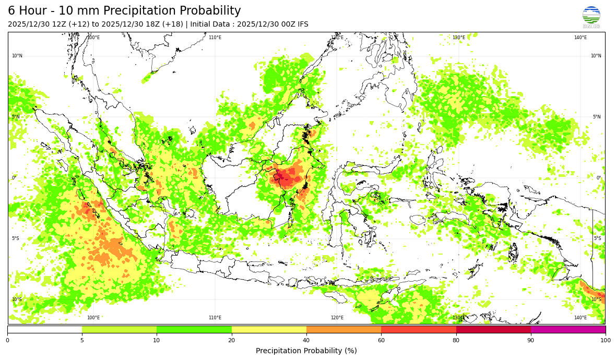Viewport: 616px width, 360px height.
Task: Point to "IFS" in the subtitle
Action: pos(302,25)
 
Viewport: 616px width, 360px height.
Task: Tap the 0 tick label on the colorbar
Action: pos(7,341)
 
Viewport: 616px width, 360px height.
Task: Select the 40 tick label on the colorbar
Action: pos(306,341)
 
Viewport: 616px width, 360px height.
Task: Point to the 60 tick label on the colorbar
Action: pos(381,341)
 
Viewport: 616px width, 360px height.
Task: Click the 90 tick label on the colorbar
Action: pos(531,341)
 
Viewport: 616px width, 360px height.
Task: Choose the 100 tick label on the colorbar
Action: pos(605,341)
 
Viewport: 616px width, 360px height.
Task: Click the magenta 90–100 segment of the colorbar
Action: pos(568,329)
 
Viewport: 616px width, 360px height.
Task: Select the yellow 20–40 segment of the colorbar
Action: pos(269,329)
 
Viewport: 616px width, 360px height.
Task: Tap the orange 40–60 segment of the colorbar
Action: pos(343,329)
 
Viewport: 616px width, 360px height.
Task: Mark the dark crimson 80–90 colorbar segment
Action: pos(493,329)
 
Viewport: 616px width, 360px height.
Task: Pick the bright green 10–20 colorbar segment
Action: pos(194,329)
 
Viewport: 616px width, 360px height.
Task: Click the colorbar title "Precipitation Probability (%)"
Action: pos(306,351)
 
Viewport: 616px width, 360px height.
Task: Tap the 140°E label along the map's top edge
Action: pos(581,38)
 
